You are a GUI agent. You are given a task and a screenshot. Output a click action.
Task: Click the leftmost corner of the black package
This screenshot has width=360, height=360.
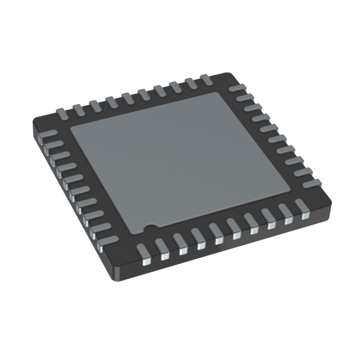35,120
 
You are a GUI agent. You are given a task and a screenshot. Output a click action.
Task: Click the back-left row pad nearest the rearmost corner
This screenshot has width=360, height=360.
206,80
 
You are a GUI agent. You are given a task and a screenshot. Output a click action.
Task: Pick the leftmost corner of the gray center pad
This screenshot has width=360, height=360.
70,133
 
